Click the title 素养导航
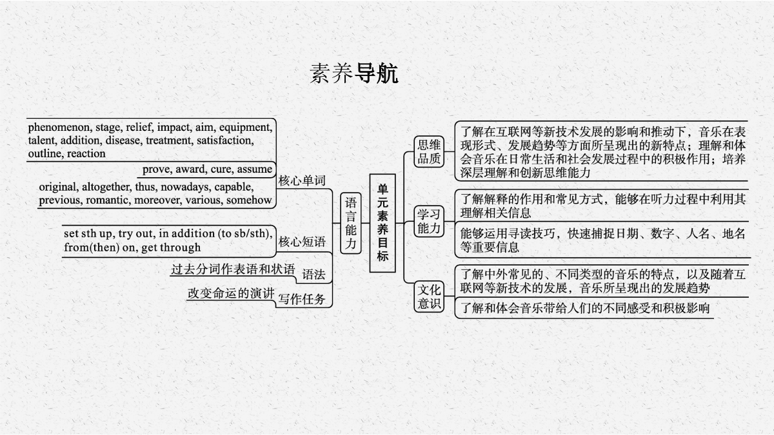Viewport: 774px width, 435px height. click(354, 73)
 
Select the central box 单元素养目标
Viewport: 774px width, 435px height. click(382, 223)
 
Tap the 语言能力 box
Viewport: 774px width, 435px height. click(351, 223)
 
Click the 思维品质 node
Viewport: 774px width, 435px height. click(429, 151)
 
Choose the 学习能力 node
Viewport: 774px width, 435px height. click(429, 221)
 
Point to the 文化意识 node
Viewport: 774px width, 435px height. click(429, 296)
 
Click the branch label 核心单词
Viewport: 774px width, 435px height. click(302, 180)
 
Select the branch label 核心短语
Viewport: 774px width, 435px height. click(302, 242)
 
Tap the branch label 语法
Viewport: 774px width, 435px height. click(313, 275)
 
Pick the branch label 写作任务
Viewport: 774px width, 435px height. click(302, 299)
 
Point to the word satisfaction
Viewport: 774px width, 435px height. click(225, 140)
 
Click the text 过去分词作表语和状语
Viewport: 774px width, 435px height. click(233, 269)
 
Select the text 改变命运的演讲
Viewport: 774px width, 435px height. click(231, 293)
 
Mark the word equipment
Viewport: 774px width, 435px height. click(246, 128)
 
